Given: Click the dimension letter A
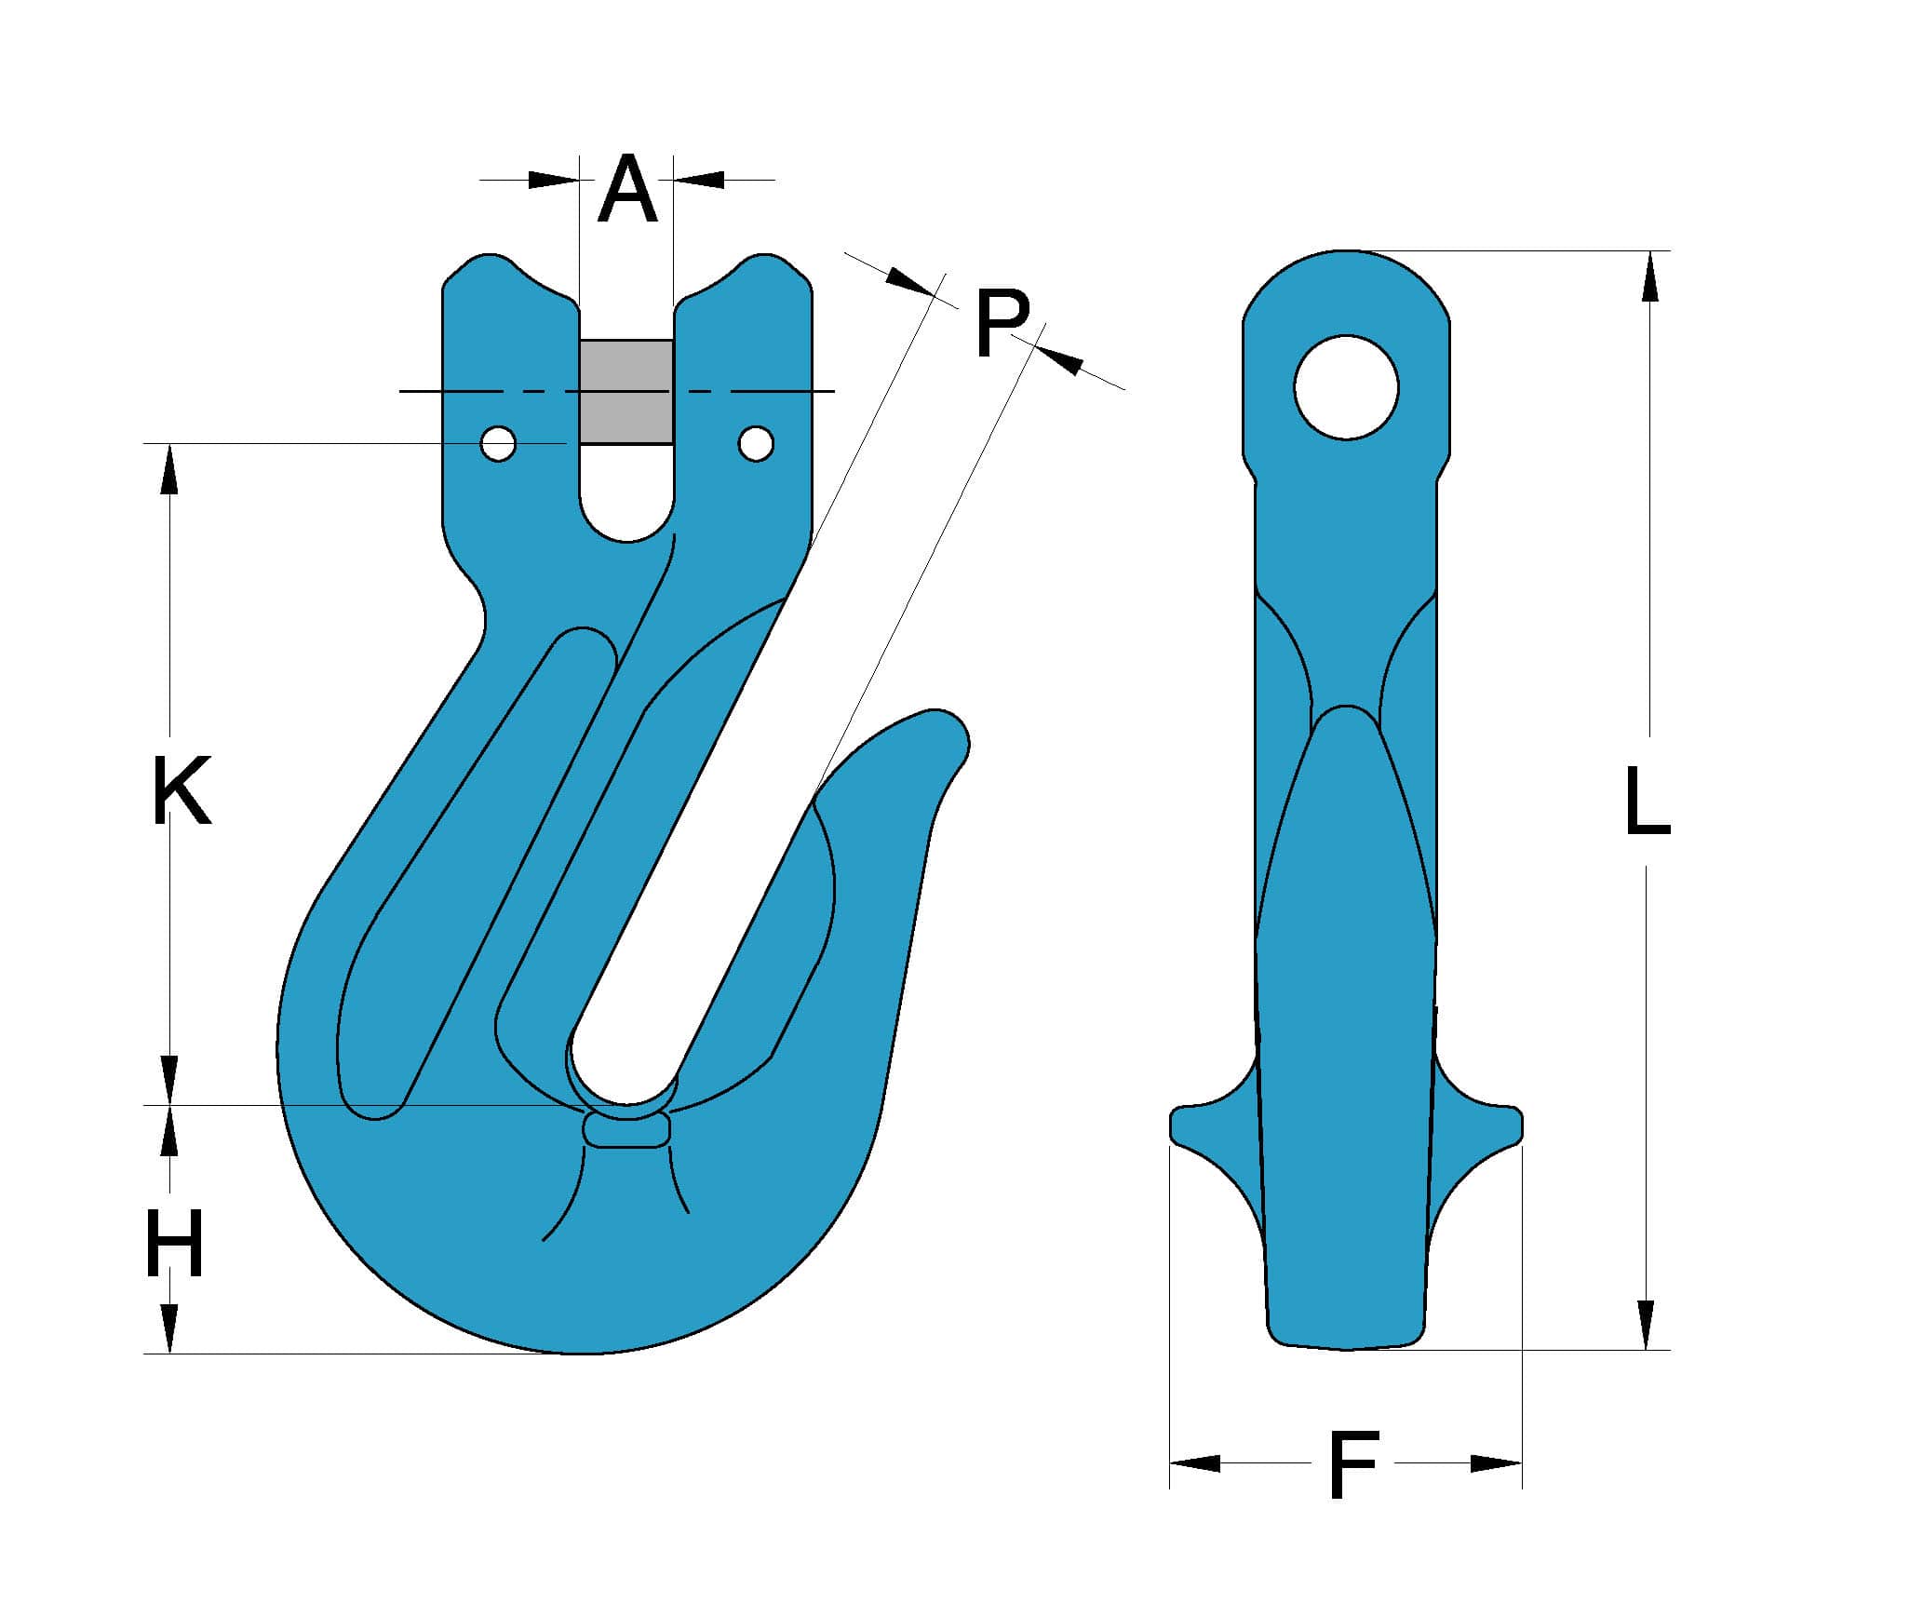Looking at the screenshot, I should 627,191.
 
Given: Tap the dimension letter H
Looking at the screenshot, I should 174,1246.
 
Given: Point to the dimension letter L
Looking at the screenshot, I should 1647,800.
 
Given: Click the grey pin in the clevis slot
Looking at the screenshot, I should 626,391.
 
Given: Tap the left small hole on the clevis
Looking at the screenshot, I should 499,444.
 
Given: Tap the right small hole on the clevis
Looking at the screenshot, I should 756,444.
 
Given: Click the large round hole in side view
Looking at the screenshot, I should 1346,386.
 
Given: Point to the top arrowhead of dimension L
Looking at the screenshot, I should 1650,276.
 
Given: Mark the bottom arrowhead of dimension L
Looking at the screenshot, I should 1647,1325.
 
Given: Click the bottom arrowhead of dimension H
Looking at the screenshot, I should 169,1327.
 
